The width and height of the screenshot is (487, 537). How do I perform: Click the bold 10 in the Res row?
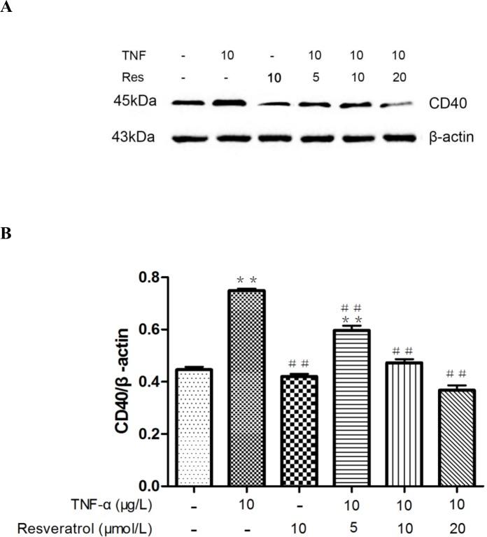(x=275, y=77)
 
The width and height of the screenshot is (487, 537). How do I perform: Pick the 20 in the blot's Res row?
(x=399, y=77)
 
